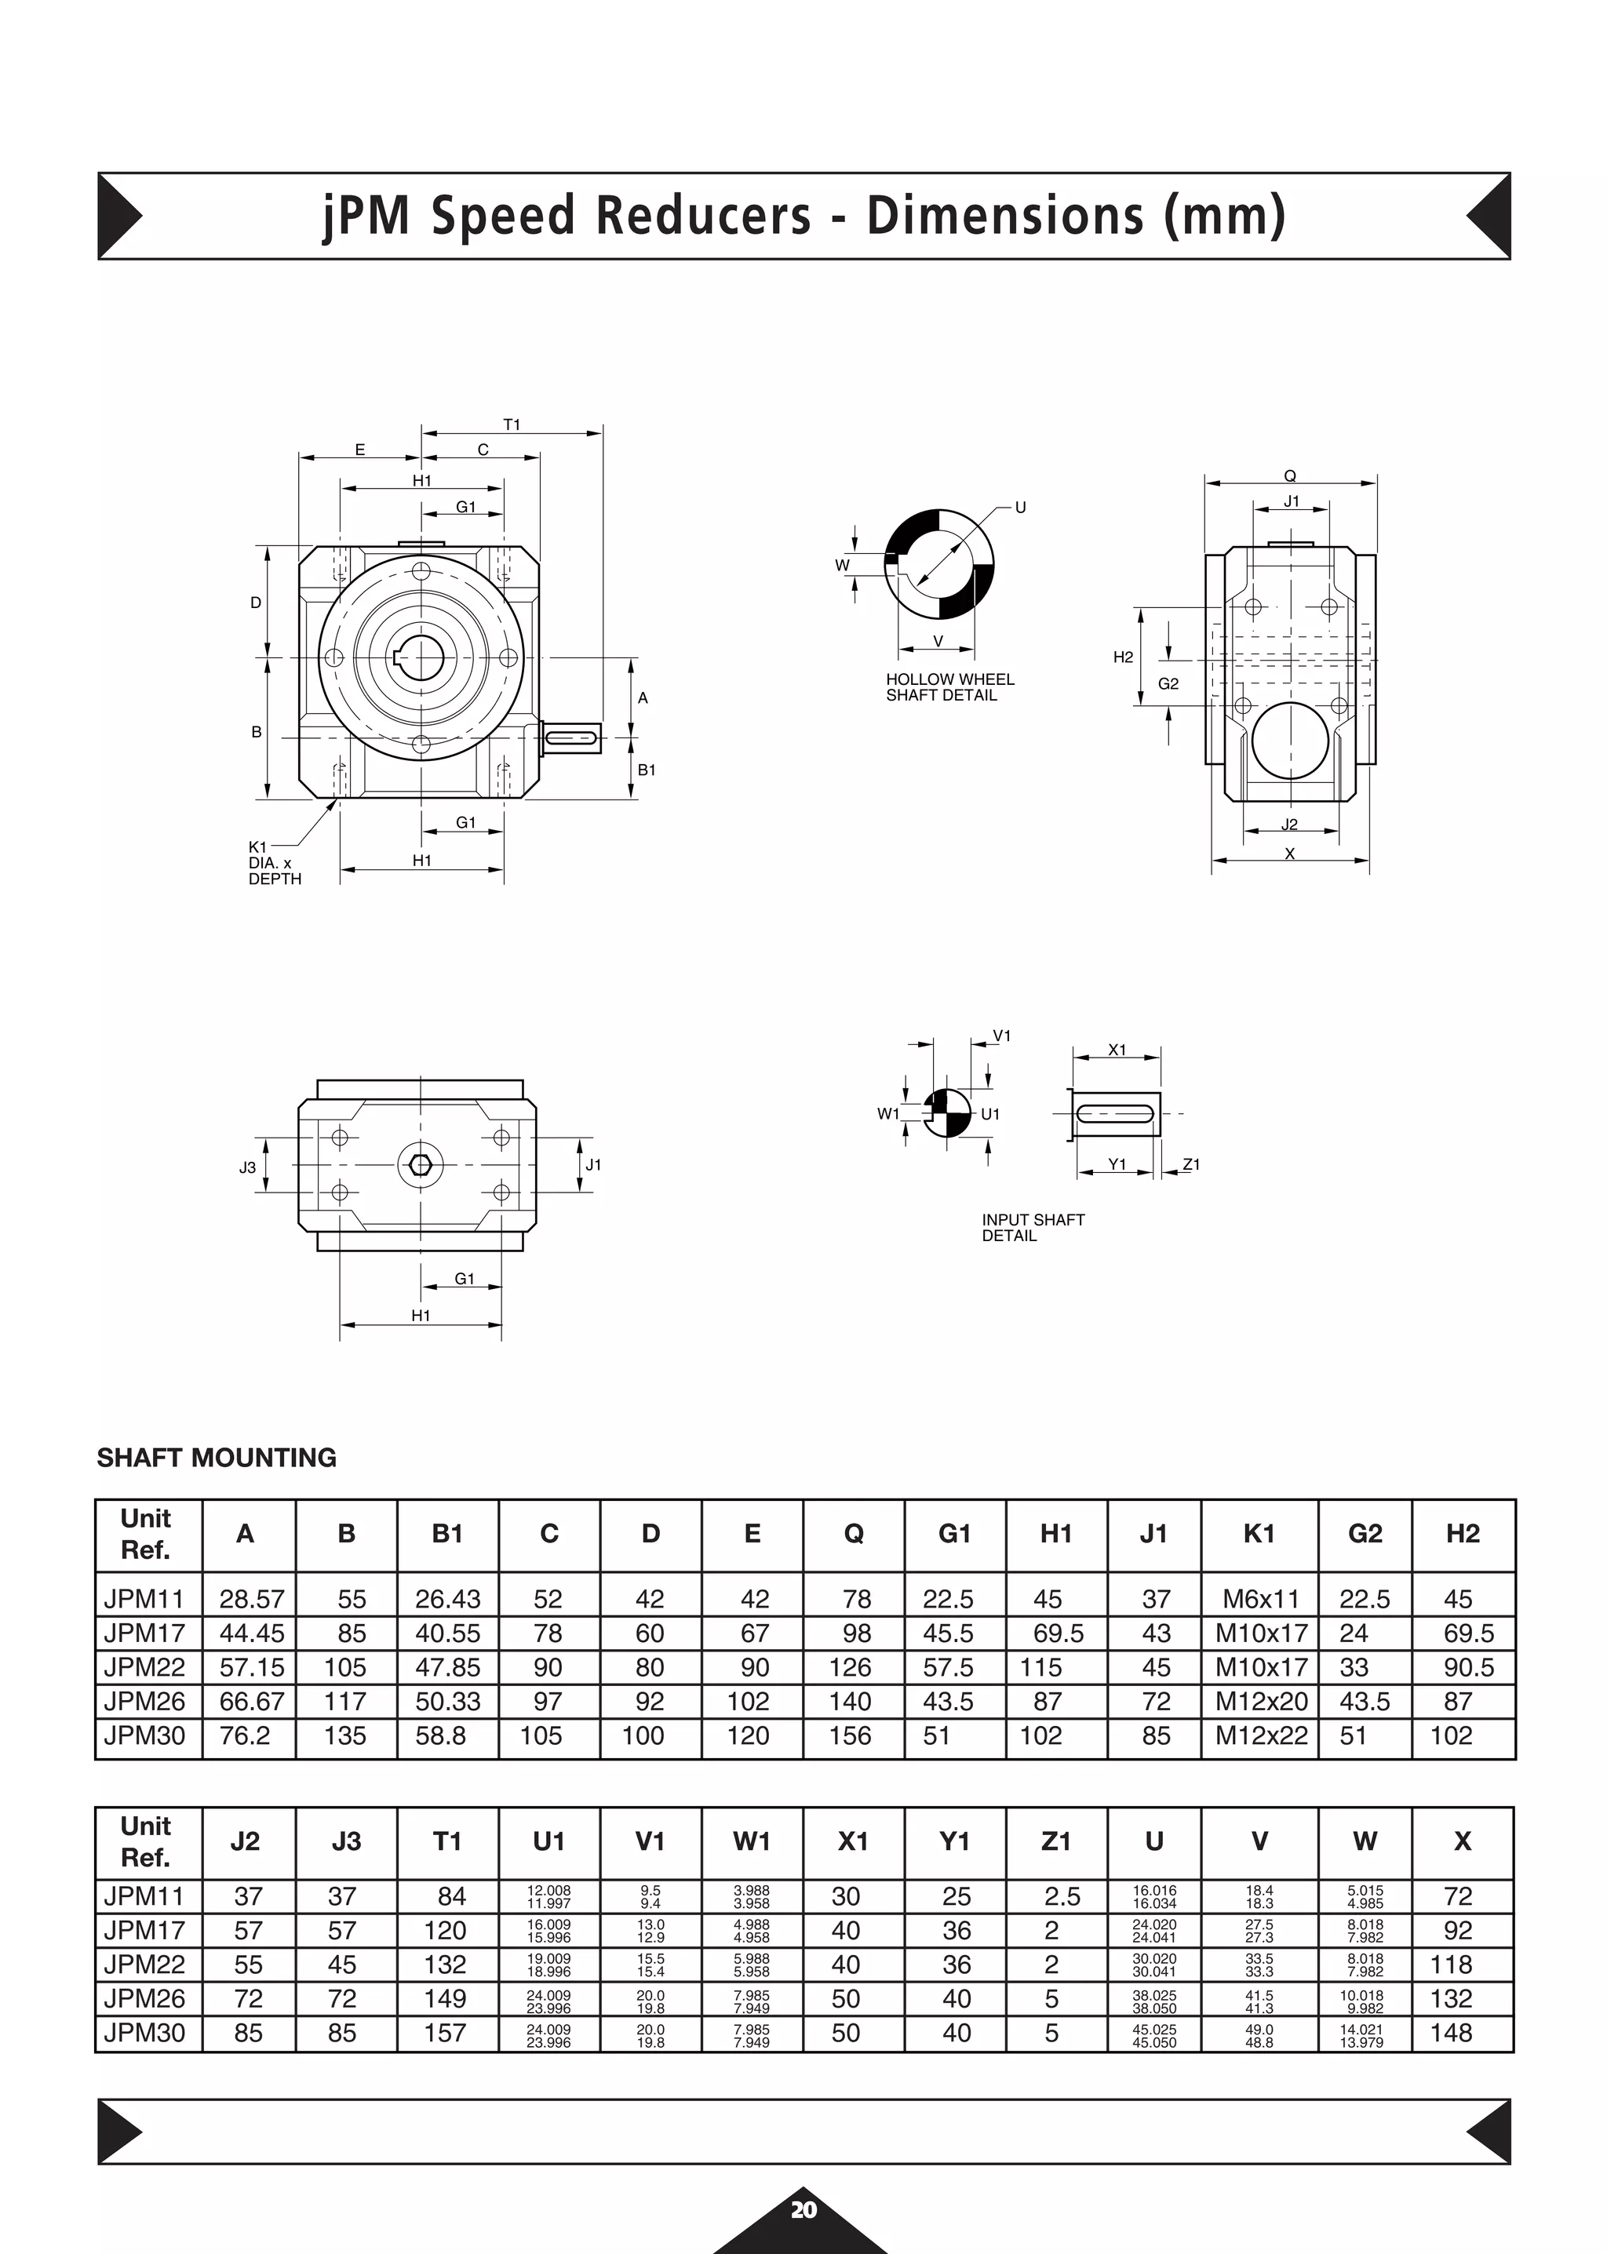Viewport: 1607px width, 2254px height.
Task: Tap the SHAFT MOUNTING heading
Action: [217, 1458]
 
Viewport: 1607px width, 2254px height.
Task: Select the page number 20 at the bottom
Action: [803, 2209]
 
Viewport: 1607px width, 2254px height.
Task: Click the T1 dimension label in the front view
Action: [512, 424]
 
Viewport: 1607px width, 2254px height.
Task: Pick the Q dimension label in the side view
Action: [1289, 476]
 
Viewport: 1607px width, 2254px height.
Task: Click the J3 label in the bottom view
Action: [247, 1167]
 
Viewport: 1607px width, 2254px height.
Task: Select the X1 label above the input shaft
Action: [1117, 1050]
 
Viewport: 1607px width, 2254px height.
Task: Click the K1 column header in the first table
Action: [1259, 1534]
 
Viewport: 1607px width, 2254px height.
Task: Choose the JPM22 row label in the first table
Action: [144, 1667]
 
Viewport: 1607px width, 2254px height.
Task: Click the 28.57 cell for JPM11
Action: [251, 1599]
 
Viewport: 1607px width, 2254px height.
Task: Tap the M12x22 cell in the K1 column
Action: [1261, 1735]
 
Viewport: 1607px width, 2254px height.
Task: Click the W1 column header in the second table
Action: [752, 1841]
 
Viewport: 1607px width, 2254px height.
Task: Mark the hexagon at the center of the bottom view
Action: [421, 1164]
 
